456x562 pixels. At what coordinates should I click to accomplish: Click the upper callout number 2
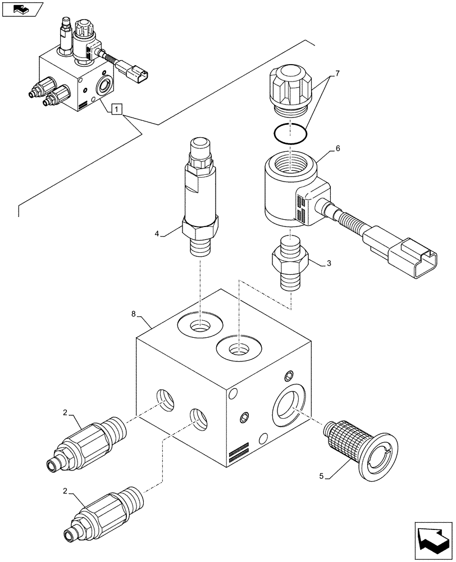pyautogui.click(x=66, y=413)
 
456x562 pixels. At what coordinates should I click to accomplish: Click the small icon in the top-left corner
pyautogui.click(x=22, y=10)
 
